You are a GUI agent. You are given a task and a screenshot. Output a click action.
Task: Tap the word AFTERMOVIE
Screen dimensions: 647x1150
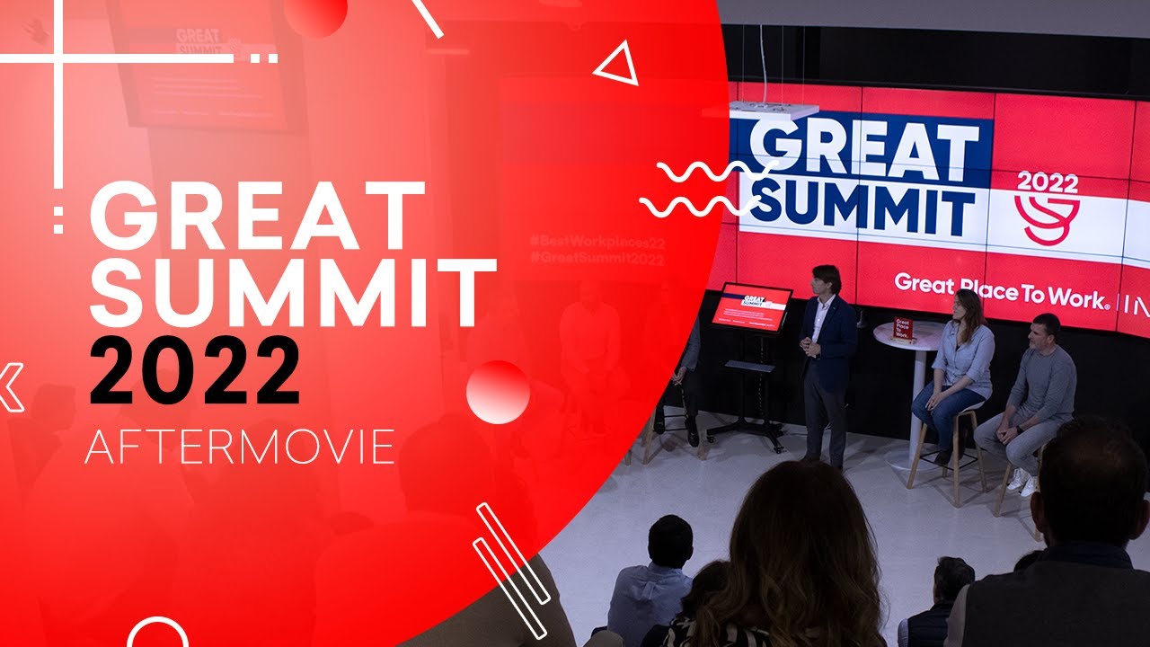tap(239, 447)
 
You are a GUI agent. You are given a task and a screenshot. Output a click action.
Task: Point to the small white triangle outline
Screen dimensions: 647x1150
tap(618, 66)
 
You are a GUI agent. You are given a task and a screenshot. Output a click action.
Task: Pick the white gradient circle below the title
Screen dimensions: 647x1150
tap(498, 392)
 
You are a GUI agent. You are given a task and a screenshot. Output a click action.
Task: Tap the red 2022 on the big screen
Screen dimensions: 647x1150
tap(1047, 182)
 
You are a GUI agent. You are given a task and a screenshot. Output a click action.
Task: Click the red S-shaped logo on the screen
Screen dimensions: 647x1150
tap(1048, 219)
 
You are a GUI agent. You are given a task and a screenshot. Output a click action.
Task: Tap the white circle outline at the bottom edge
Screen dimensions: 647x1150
tap(157, 634)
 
